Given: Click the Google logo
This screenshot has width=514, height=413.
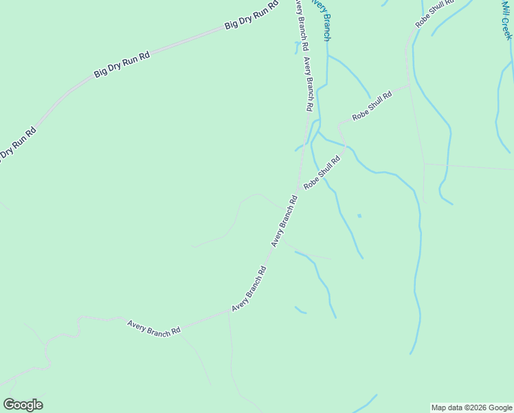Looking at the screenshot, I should (x=23, y=405).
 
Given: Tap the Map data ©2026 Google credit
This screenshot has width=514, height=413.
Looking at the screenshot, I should (x=471, y=407).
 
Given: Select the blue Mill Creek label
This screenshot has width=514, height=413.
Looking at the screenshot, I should (x=506, y=19).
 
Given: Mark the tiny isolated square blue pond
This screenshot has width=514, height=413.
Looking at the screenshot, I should (x=359, y=216).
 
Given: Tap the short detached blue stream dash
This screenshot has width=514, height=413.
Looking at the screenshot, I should (x=300, y=310).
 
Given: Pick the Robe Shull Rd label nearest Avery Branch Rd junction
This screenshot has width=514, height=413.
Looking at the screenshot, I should (x=322, y=173).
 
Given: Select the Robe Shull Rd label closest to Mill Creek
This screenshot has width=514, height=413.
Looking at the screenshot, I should (x=434, y=13).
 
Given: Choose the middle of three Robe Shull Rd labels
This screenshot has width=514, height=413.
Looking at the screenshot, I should (x=372, y=106).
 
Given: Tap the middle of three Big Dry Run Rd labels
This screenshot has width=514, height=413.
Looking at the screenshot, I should (x=122, y=63).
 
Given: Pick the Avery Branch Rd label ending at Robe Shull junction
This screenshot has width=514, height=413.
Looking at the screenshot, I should (x=284, y=222).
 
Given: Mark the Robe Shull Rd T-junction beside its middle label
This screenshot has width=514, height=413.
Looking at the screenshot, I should (x=410, y=85).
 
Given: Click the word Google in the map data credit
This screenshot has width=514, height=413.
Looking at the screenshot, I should (x=500, y=407).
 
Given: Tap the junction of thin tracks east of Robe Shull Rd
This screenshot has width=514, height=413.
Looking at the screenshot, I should (x=424, y=163).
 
